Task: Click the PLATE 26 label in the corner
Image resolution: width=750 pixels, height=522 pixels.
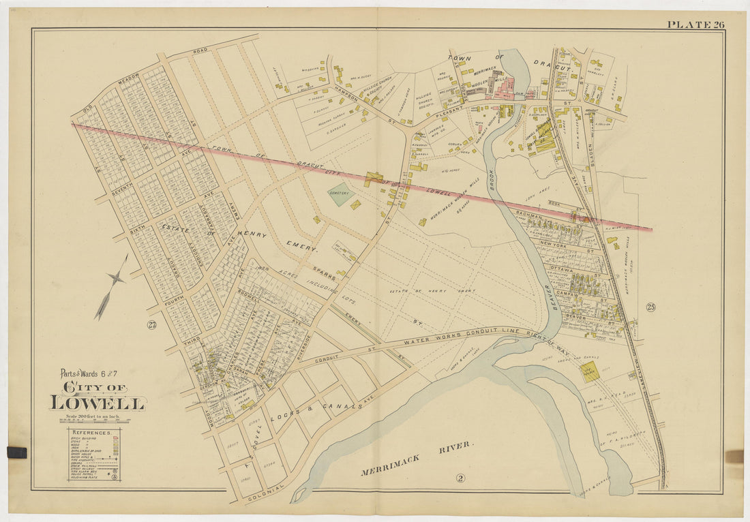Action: pyautogui.click(x=695, y=25)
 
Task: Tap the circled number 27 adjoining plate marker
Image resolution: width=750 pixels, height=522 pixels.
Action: pyautogui.click(x=151, y=325)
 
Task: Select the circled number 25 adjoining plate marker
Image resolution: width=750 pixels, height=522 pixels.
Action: pyautogui.click(x=650, y=307)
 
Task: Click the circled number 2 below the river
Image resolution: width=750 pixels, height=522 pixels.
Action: pyautogui.click(x=460, y=478)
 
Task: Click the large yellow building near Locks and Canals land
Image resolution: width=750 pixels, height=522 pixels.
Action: pyautogui.click(x=589, y=371)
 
